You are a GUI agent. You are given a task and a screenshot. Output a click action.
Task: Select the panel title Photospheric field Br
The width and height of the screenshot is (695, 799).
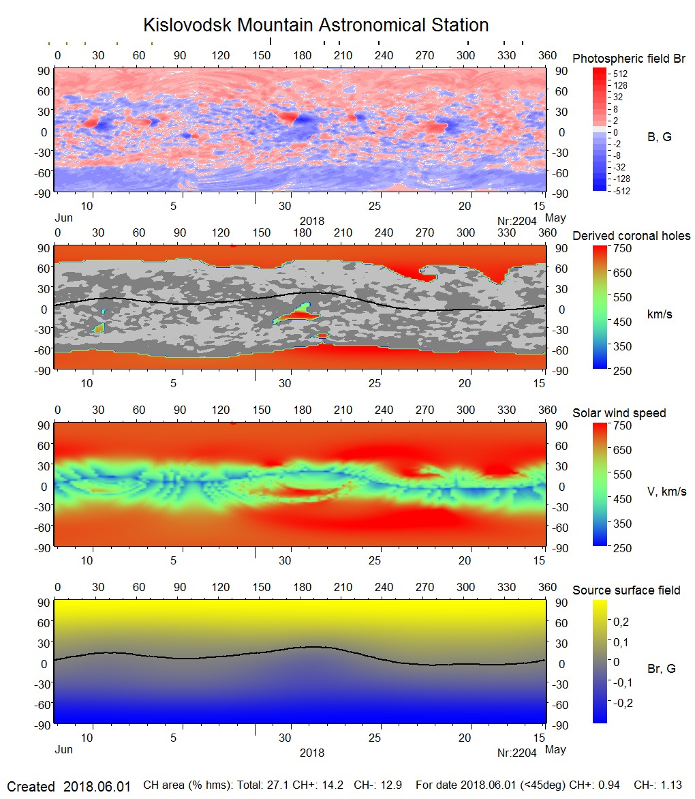tap(628, 59)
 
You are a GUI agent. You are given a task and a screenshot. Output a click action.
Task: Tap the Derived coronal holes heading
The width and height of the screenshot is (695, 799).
tap(631, 236)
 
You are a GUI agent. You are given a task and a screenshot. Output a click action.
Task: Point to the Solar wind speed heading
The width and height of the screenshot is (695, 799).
tap(619, 413)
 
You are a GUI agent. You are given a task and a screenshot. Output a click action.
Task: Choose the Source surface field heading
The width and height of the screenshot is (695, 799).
tap(625, 590)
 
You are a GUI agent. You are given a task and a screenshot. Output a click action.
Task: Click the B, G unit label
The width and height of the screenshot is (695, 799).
tap(659, 137)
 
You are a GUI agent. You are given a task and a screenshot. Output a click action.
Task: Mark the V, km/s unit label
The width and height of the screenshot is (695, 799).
tap(666, 492)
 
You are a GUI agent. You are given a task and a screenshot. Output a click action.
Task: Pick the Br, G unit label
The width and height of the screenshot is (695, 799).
tap(661, 669)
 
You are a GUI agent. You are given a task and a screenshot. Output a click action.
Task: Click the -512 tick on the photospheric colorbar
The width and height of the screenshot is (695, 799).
tap(621, 191)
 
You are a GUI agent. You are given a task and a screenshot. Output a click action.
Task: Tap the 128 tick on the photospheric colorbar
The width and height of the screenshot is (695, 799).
tap(621, 85)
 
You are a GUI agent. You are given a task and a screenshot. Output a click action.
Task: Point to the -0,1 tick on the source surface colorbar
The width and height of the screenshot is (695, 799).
tap(623, 682)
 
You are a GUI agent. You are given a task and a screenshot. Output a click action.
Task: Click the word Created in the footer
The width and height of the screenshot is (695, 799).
tap(31, 786)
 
